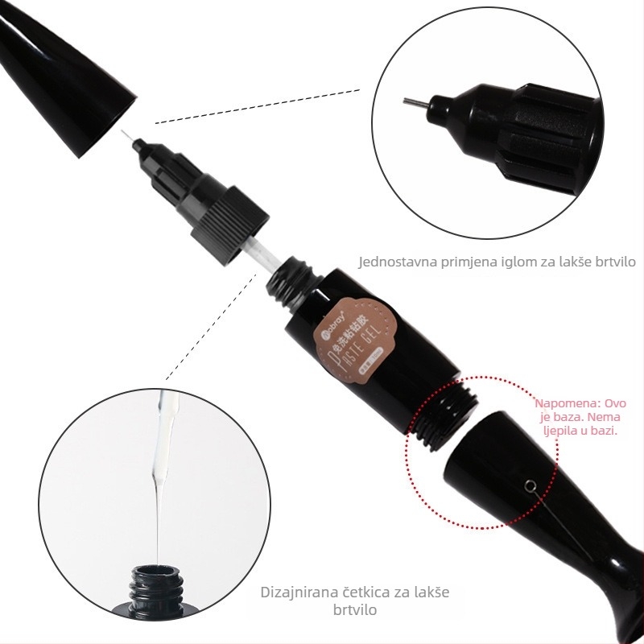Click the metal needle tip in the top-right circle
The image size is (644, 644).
click(411, 102)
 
